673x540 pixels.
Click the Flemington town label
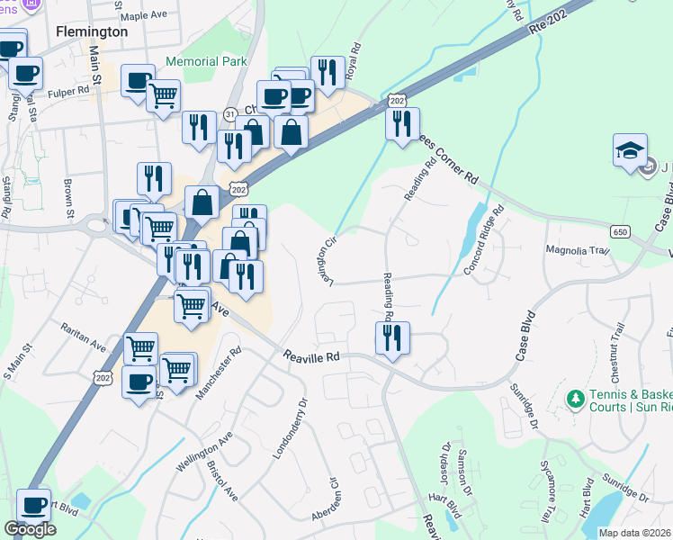pyautogui.click(x=92, y=31)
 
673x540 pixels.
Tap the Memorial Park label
pyautogui.click(x=206, y=62)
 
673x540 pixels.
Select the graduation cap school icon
pyautogui.click(x=630, y=151)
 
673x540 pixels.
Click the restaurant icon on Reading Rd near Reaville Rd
pyautogui.click(x=392, y=338)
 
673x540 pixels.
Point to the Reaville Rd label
pyautogui.click(x=312, y=356)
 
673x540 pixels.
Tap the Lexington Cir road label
pyautogui.click(x=328, y=261)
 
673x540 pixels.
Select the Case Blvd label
pyautogui.click(x=527, y=337)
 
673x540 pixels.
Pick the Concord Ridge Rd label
pyautogui.click(x=485, y=241)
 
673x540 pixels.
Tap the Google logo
pyautogui.click(x=30, y=529)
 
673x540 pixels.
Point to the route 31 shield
pyautogui.click(x=230, y=114)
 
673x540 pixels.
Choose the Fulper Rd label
pyautogui.click(x=69, y=90)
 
